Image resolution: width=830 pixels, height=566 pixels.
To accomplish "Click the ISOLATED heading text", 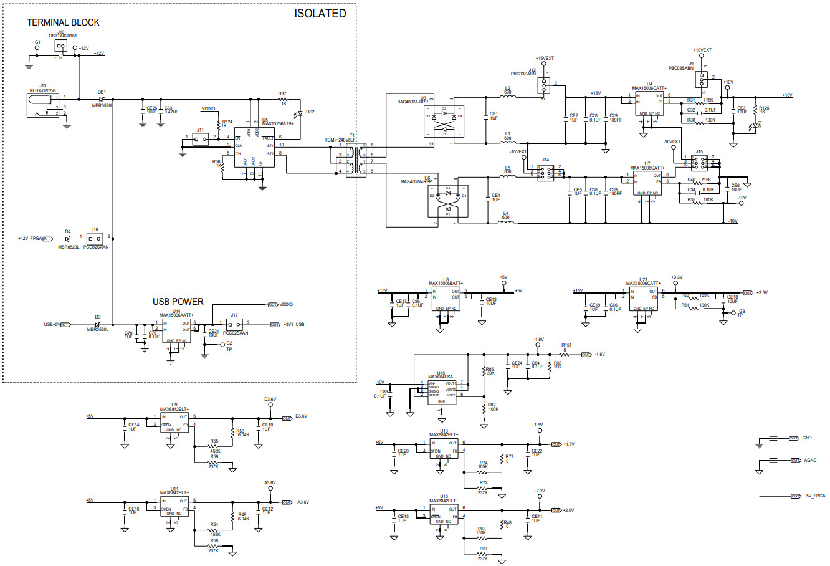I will (x=320, y=13).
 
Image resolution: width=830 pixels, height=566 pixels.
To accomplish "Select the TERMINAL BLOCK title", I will (x=63, y=22).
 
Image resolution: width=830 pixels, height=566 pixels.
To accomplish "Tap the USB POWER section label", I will (x=178, y=302).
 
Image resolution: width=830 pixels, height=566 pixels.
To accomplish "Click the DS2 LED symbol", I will (x=300, y=113).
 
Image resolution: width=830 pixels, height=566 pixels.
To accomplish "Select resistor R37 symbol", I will (x=284, y=99).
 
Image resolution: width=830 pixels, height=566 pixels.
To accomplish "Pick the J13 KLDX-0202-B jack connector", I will (x=44, y=105).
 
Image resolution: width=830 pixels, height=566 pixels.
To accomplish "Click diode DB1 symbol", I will (x=102, y=98).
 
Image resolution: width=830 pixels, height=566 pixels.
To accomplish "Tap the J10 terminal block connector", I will (x=60, y=47).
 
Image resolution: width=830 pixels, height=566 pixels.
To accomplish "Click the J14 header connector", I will (x=546, y=171).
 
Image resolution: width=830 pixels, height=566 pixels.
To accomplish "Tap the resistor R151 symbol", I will (x=565, y=354).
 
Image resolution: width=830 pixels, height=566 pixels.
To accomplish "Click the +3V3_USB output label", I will (x=294, y=324).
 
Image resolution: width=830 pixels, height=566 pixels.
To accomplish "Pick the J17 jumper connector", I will (x=235, y=325).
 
